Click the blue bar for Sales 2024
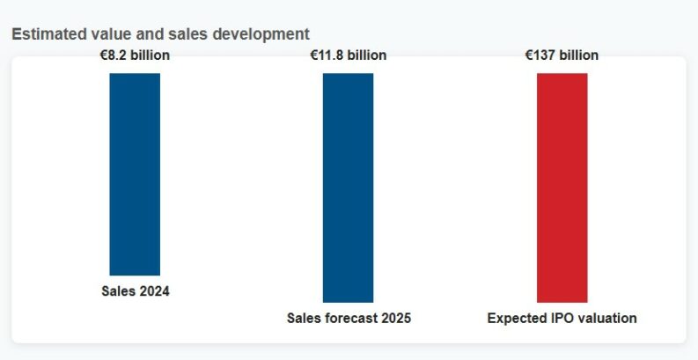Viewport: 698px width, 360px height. [x=135, y=174]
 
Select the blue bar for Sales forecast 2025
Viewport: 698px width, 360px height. [x=348, y=187]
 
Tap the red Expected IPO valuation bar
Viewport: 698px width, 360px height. [x=562, y=187]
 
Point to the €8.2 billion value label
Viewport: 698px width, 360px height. [x=135, y=55]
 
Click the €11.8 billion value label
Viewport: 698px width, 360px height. [x=348, y=55]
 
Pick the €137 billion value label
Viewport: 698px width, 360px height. [x=562, y=55]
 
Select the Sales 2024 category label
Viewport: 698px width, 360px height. [x=135, y=292]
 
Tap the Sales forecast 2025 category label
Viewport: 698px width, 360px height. [x=349, y=318]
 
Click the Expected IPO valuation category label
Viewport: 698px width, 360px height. [x=562, y=318]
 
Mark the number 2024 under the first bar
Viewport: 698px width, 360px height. [x=154, y=292]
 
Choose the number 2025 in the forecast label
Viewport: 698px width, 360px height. [x=395, y=318]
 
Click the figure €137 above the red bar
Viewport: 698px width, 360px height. [x=540, y=55]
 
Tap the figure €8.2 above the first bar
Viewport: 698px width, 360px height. [x=114, y=55]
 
